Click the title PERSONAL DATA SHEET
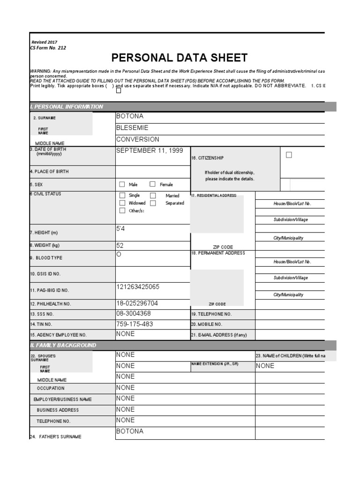click(179, 58)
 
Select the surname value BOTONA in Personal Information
click(130, 116)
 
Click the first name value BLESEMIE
click(132, 127)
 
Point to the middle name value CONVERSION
click(137, 139)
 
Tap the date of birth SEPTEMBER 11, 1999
click(150, 150)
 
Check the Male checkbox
click(122, 184)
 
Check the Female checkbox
click(152, 184)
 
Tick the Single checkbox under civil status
click(122, 195)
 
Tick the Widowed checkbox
click(122, 203)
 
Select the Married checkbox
click(153, 195)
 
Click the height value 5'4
click(120, 228)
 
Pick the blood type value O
click(119, 254)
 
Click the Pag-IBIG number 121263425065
click(137, 286)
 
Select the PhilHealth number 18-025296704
click(137, 303)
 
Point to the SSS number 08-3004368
click(133, 313)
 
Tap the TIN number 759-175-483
click(134, 324)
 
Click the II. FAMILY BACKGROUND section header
click(63, 345)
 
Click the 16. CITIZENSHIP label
click(207, 158)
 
